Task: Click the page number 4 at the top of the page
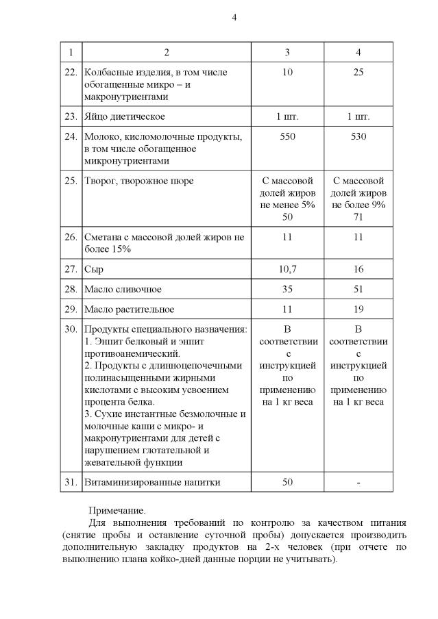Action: (234, 17)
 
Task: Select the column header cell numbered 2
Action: (167, 53)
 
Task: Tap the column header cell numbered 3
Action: (287, 53)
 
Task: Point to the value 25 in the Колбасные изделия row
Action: (358, 73)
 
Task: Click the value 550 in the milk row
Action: (287, 136)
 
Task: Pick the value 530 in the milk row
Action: (358, 136)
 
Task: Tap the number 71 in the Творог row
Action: (358, 217)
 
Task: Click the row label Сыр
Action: (93, 270)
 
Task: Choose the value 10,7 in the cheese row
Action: (287, 270)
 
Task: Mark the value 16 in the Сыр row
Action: (358, 270)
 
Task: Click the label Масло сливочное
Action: (123, 290)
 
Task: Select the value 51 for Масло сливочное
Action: (358, 290)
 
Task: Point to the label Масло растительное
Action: (128, 309)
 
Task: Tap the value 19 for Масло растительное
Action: (358, 309)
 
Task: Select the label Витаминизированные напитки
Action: (151, 482)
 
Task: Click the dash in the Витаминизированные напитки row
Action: (358, 482)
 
